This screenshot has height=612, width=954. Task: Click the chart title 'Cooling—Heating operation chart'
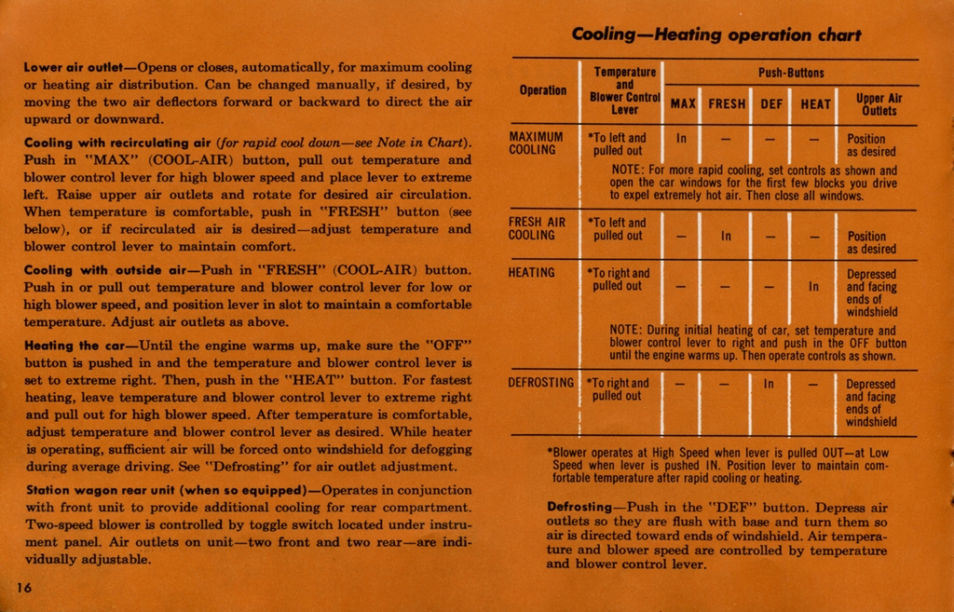715,35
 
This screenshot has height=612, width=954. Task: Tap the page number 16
24,586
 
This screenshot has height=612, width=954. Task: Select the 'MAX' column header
683,104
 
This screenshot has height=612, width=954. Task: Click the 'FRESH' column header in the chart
727,104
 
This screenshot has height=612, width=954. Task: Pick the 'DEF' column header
771,104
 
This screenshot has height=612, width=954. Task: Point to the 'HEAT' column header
815,104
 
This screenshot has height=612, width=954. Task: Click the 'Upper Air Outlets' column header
879,104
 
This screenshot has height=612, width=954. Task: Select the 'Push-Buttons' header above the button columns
791,73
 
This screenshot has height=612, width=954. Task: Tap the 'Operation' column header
543,90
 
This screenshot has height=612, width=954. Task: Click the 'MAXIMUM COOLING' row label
536,143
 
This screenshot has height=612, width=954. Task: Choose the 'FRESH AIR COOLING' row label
537,229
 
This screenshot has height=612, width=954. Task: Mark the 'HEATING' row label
532,273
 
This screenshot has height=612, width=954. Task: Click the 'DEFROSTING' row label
541,383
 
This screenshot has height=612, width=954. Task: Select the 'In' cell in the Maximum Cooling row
681,138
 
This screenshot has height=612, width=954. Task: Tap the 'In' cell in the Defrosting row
769,383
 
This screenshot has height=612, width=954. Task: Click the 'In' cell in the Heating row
813,287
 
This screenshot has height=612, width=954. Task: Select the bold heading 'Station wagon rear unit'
165,491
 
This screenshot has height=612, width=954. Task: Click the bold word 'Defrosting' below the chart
579,508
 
